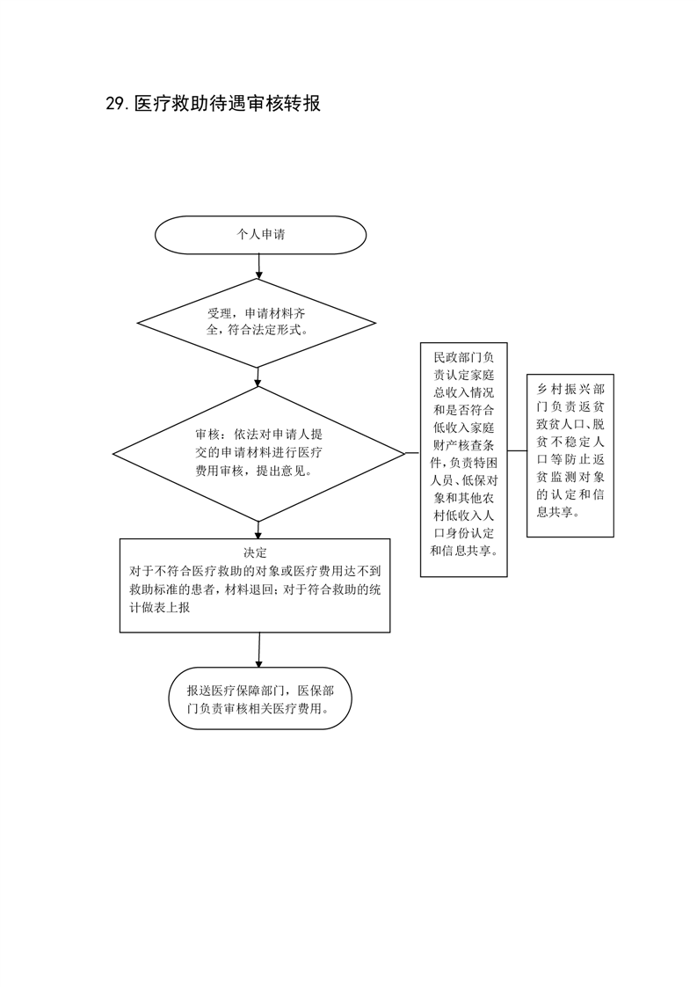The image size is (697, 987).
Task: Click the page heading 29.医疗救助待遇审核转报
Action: click(x=214, y=103)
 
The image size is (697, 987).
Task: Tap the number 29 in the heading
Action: click(x=116, y=104)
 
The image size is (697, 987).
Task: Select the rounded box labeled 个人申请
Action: click(x=260, y=235)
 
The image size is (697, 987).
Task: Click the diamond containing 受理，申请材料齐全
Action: click(x=258, y=323)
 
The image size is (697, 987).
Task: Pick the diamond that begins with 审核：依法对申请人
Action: click(x=258, y=453)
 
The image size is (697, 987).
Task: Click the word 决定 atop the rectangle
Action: click(x=256, y=552)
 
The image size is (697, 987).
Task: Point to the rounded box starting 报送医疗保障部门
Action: click(x=260, y=698)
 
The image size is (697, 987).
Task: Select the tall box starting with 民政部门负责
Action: click(x=463, y=459)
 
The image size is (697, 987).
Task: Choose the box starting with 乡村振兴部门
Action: click(x=570, y=456)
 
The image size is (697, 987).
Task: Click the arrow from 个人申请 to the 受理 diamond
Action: click(x=258, y=267)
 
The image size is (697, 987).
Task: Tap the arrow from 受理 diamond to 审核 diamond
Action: click(x=258, y=377)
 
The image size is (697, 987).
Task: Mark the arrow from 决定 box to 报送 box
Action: click(x=258, y=650)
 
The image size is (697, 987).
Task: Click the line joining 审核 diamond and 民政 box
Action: click(x=413, y=452)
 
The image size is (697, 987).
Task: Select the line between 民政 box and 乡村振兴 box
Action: click(x=517, y=450)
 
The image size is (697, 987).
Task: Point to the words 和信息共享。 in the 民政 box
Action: click(x=463, y=551)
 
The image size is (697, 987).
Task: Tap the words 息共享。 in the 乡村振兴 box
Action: click(x=557, y=512)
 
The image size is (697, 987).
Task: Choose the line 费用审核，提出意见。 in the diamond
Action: click(x=253, y=471)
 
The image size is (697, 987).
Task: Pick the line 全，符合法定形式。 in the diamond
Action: click(x=258, y=329)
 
